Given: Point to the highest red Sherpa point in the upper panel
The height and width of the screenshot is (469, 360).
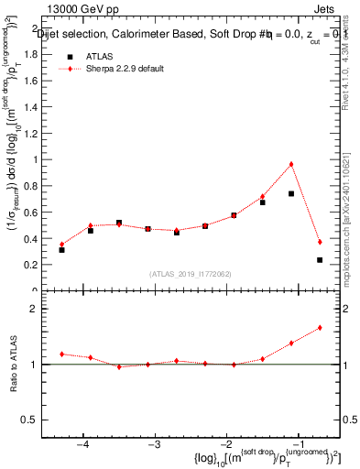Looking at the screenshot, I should point(291,164).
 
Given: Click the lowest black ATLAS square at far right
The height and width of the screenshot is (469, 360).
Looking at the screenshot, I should point(320,260).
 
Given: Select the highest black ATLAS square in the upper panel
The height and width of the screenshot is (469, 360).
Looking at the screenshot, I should point(291,193).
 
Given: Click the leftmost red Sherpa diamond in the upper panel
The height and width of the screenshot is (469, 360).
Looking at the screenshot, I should point(61,244).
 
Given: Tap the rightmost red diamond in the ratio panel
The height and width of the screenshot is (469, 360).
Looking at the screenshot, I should point(320,327).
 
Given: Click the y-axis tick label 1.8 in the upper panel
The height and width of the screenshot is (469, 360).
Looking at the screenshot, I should point(42,53).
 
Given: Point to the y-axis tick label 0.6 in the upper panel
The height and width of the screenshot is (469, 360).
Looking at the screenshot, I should point(42,212).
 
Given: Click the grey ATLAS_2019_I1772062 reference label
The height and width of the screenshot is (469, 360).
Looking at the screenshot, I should point(190,273).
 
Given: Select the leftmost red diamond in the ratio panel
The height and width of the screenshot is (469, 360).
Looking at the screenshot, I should point(61,354).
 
